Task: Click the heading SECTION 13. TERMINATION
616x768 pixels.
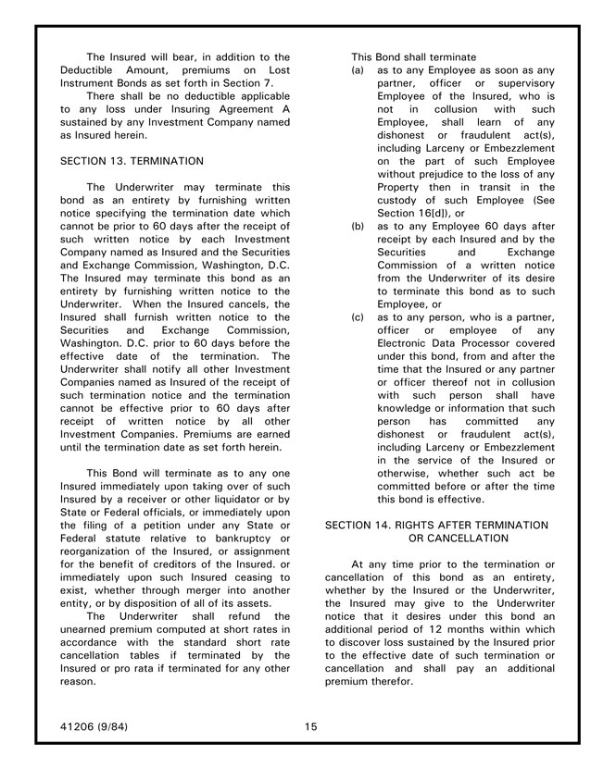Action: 132,161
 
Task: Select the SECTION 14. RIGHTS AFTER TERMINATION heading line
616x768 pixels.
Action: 436,525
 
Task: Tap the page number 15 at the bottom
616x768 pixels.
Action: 310,726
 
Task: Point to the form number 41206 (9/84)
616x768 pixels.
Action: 94,726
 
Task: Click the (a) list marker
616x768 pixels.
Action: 358,70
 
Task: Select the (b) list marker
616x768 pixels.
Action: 358,226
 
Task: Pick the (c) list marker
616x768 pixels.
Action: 358,316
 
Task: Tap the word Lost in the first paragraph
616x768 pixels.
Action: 276,70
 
